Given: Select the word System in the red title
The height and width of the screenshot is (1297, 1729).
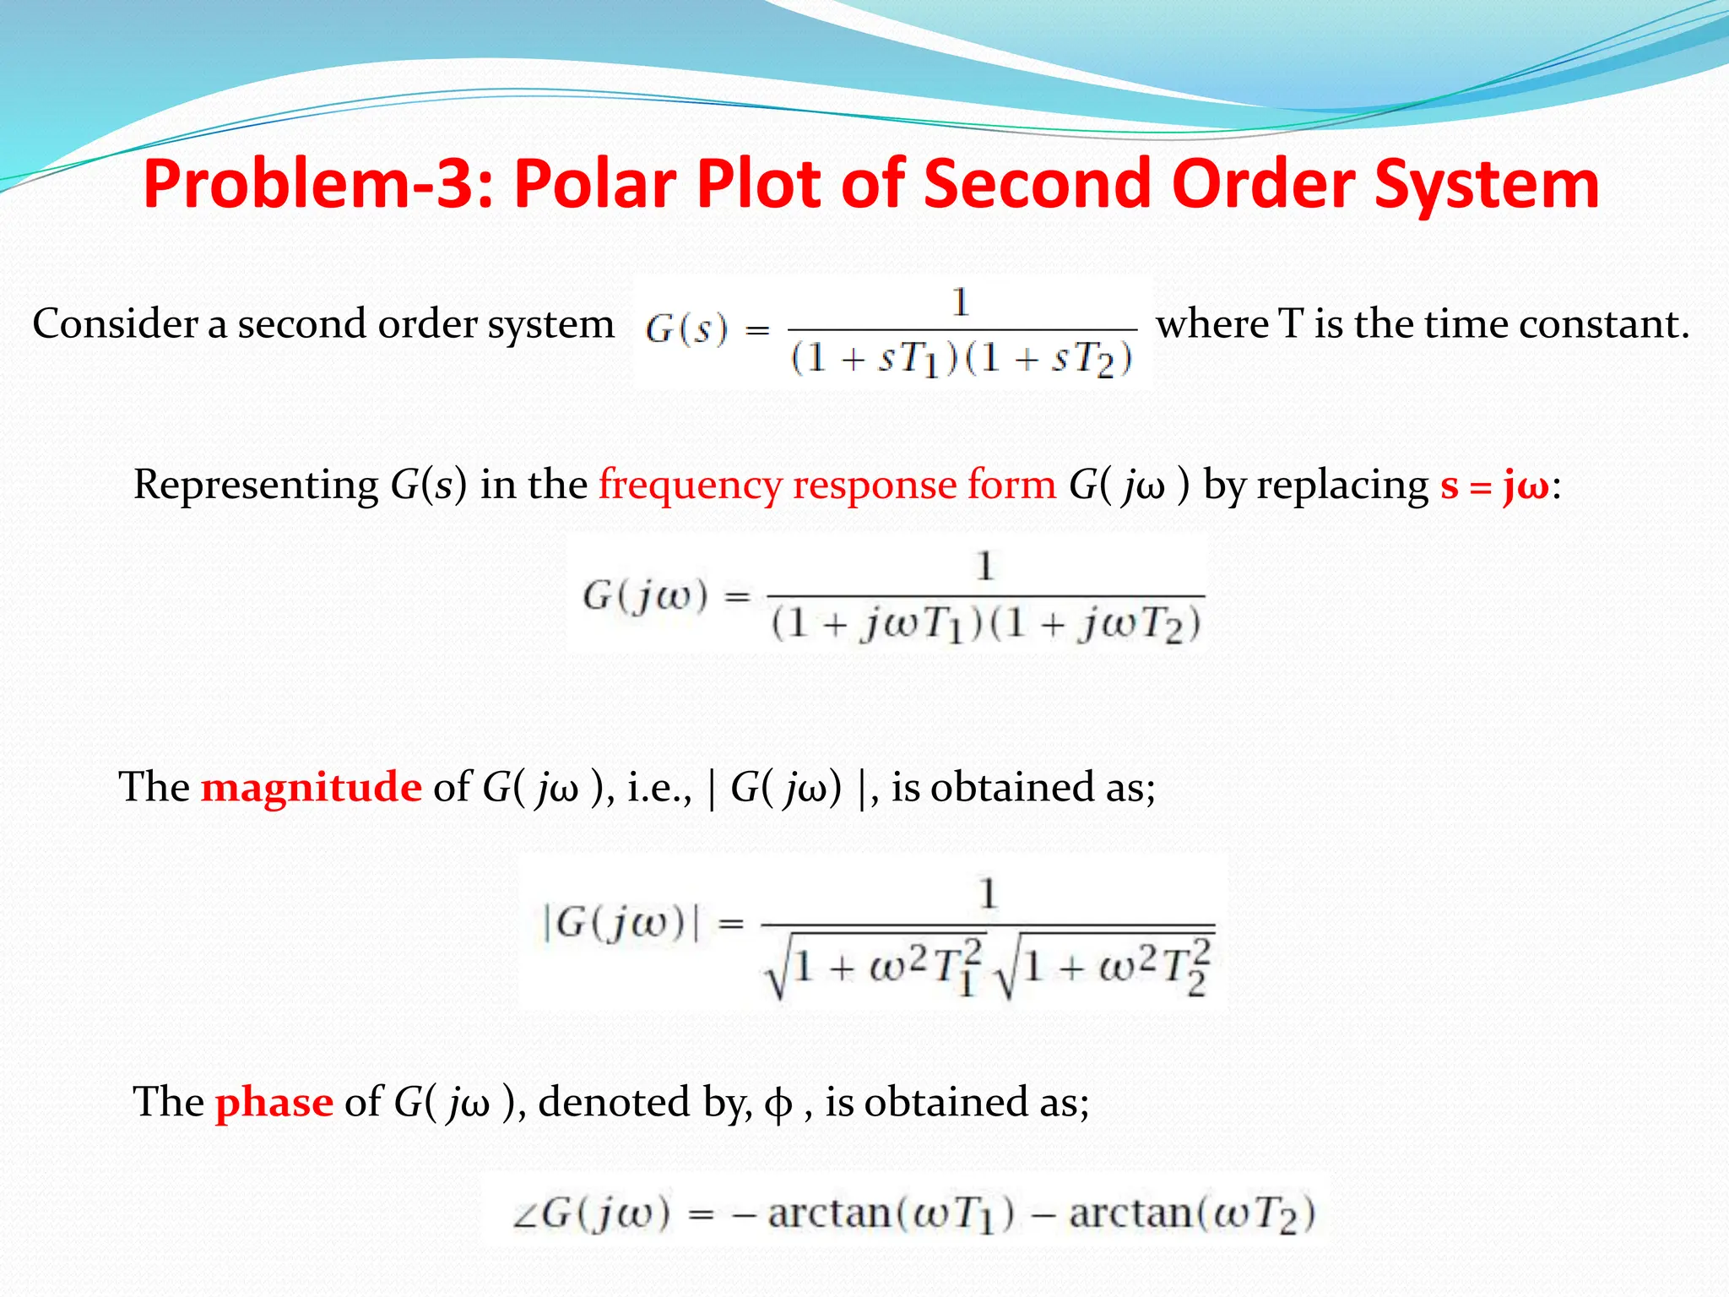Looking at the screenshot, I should tap(1487, 184).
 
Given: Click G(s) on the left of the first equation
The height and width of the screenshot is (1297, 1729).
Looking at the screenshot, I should tap(686, 329).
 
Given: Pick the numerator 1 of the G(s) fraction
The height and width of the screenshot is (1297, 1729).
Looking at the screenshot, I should tap(960, 302).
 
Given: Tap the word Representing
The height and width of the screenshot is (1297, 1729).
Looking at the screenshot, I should tap(256, 486).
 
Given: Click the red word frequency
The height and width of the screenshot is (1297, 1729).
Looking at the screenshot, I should tap(690, 486).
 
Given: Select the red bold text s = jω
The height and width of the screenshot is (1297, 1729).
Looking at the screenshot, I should tap(1494, 486).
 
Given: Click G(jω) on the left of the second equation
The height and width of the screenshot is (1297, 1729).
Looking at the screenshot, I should tap(644, 596).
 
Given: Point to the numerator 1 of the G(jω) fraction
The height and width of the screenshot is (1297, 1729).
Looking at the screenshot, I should tap(984, 567).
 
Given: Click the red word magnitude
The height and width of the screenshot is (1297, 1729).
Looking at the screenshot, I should tap(311, 787).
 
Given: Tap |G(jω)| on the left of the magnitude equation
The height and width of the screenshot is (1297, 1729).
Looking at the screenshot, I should tap(621, 922).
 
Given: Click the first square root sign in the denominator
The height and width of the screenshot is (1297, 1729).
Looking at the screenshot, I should tap(777, 971).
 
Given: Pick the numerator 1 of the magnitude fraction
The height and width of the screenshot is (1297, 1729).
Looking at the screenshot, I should tap(988, 893).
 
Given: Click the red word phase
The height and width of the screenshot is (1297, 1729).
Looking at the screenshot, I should tap(274, 1103).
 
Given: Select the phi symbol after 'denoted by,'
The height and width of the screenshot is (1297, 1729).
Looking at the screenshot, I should tap(778, 1104).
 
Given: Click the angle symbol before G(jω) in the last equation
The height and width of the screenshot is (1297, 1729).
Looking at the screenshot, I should tap(524, 1216).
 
